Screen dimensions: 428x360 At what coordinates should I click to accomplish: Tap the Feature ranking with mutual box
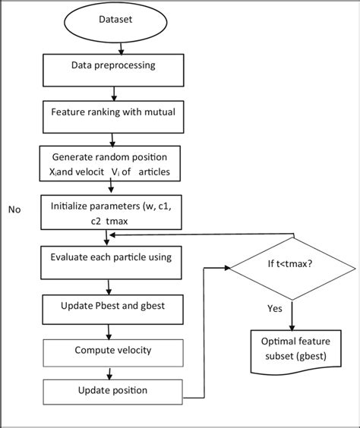tap(113, 115)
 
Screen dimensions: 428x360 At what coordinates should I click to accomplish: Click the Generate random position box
tap(113, 162)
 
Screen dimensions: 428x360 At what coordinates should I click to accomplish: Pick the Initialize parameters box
tap(112, 212)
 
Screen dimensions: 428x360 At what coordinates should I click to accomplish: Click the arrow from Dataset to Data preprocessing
tap(112, 49)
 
